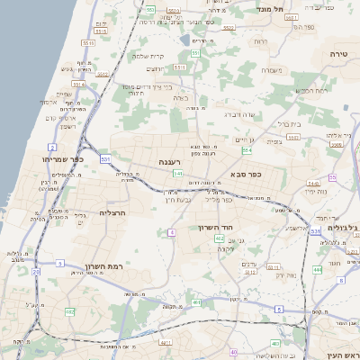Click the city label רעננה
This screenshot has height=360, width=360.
(x=171, y=162)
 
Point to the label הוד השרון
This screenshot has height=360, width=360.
(x=217, y=228)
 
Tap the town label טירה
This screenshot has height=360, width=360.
(x=338, y=53)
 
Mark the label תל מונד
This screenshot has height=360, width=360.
(x=269, y=9)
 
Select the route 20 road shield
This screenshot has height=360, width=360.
(x=36, y=271)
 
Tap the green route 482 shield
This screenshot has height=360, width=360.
(x=69, y=311)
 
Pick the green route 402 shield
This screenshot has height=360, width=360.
(x=220, y=239)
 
